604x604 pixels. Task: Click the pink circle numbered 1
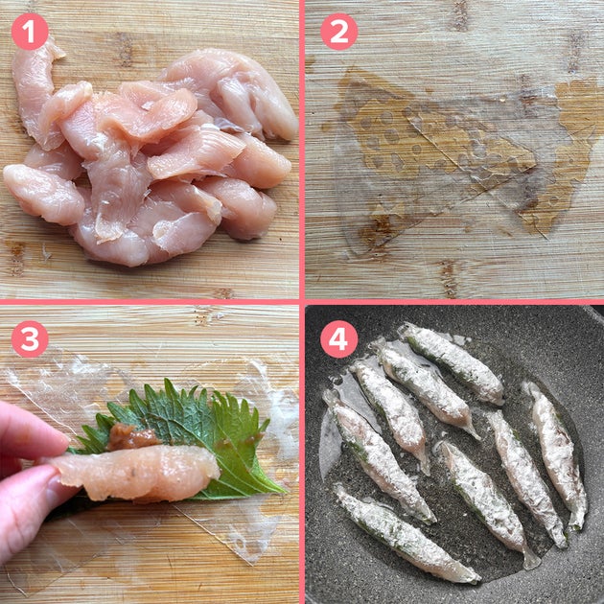coord(30,32)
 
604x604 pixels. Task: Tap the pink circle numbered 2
coord(339,32)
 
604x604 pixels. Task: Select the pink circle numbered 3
coord(30,339)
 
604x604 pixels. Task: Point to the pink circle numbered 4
coord(339,339)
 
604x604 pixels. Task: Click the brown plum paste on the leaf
coord(131,437)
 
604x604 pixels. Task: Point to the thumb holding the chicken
coord(35,497)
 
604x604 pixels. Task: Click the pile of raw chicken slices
coord(151,154)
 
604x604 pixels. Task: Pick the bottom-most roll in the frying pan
coord(405,533)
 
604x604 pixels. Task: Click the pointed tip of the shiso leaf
coord(285,492)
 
